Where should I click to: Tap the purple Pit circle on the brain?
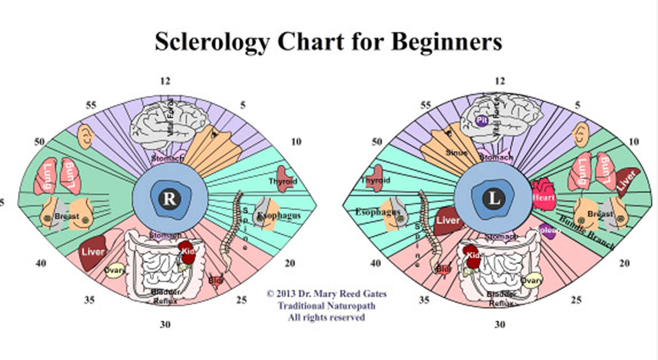click(x=483, y=121)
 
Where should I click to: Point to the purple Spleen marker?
click(x=549, y=231)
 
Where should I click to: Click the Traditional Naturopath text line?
click(x=326, y=306)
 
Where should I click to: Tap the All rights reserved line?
click(x=326, y=317)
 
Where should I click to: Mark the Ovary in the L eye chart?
click(x=531, y=281)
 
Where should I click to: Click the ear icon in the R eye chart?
click(x=86, y=135)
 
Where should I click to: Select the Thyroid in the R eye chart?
click(x=283, y=180)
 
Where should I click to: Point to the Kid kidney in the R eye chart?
click(x=188, y=252)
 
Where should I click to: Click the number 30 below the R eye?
click(x=166, y=325)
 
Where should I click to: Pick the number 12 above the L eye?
click(x=500, y=81)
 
